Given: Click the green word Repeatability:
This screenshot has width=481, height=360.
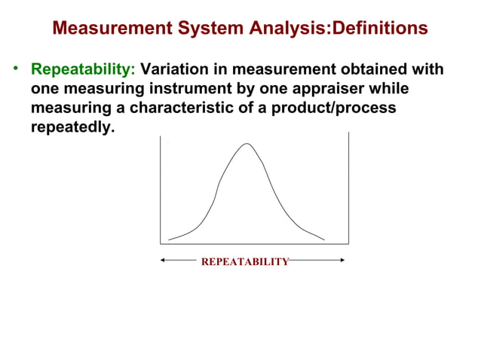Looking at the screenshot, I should tap(83, 70).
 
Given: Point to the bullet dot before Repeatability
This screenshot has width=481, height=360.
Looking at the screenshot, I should tap(14, 70).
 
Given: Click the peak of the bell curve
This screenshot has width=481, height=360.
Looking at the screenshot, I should tap(247, 144).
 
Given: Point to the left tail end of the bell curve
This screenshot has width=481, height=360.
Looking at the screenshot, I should tap(169, 239).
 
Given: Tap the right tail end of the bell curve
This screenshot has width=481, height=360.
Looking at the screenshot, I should tap(324, 239).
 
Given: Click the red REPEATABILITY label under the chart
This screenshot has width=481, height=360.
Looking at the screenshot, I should tap(245, 261).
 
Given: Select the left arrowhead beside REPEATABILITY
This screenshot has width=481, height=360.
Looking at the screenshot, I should tap(163, 261).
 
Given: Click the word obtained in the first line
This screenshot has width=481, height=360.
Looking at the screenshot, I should tap(363, 70).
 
